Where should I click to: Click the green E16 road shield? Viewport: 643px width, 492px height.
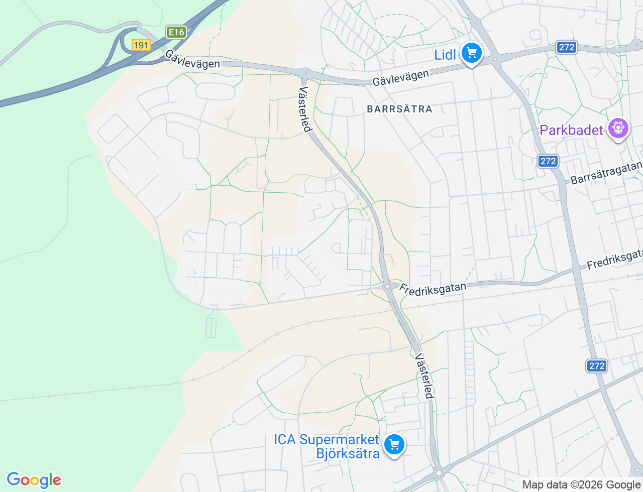click(176, 32)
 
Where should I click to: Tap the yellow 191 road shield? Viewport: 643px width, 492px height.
click(141, 45)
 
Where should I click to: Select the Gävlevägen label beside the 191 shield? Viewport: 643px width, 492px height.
click(192, 59)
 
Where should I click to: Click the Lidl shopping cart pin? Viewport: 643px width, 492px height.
click(471, 53)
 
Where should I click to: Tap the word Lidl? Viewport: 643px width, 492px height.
click(445, 55)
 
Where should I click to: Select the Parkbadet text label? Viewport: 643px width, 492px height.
click(571, 130)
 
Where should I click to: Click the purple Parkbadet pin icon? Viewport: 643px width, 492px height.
click(618, 129)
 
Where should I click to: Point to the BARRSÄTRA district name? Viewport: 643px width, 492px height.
click(399, 109)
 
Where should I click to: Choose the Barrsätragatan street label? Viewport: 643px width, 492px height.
click(606, 172)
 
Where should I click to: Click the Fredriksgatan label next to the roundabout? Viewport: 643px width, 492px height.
click(433, 289)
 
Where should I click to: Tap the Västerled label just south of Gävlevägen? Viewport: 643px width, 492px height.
click(305, 109)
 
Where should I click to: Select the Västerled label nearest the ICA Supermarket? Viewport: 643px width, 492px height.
click(424, 376)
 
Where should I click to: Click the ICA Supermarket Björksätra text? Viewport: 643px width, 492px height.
click(327, 446)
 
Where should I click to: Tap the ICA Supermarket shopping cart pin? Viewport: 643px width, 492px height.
click(394, 444)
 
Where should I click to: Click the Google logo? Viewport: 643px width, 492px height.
click(34, 480)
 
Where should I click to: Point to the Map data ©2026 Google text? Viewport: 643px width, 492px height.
click(581, 484)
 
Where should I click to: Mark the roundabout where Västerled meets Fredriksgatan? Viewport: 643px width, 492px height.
click(387, 287)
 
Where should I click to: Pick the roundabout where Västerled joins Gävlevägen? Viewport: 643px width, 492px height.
click(304, 72)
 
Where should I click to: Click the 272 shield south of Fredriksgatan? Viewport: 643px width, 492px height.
click(597, 366)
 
